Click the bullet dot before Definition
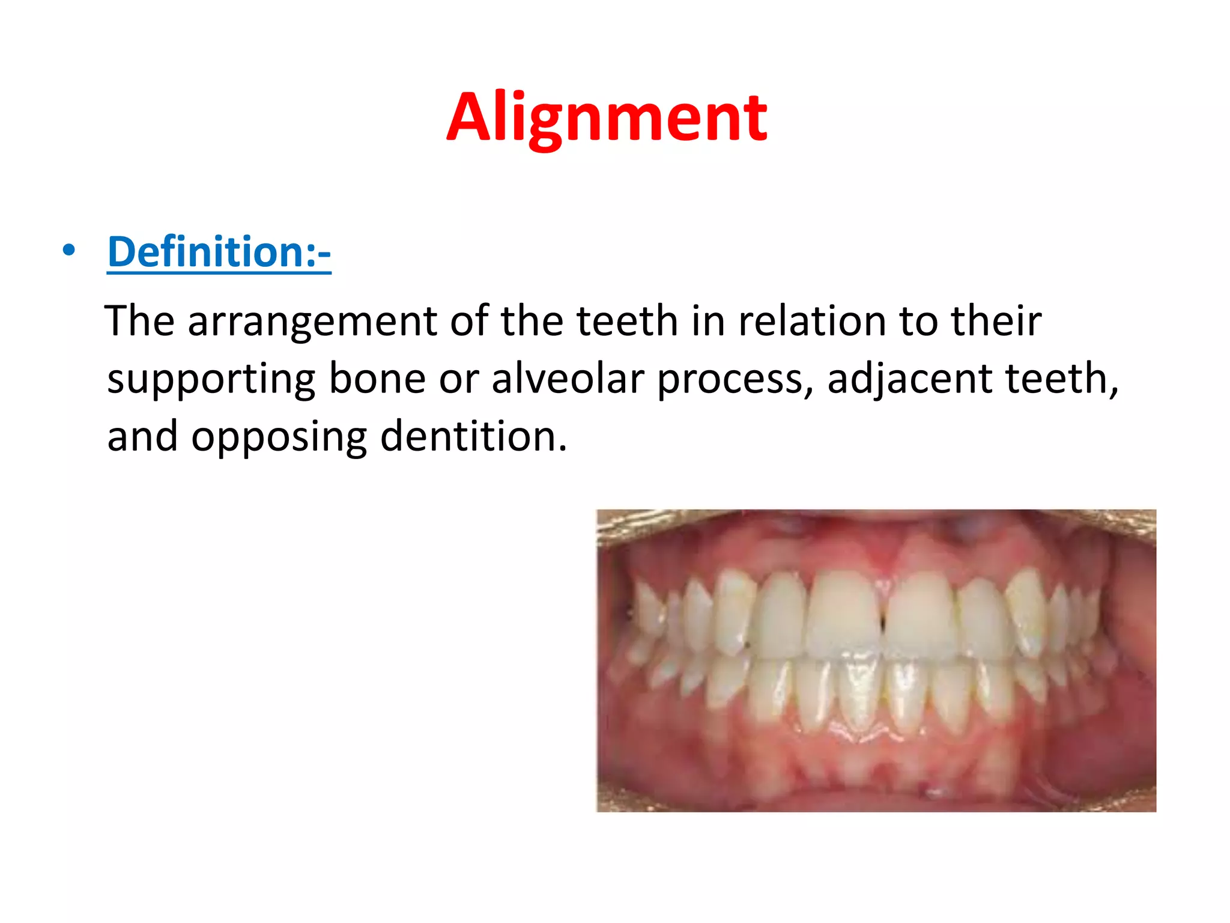pyautogui.click(x=69, y=250)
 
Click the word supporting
pyautogui.click(x=211, y=380)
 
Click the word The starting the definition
pyautogui.click(x=139, y=321)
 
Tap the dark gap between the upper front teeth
pyautogui.click(x=882, y=625)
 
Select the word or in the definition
pyautogui.click(x=459, y=380)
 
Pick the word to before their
pyautogui.click(x=918, y=321)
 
